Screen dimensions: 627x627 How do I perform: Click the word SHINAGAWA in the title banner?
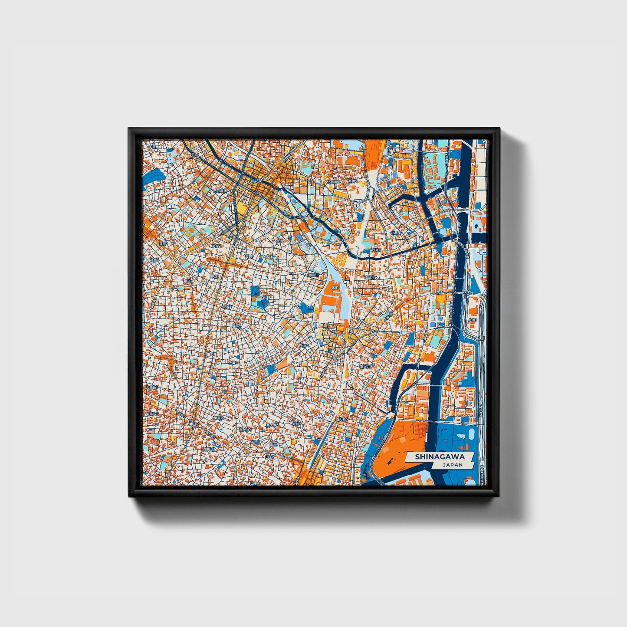pos(439,456)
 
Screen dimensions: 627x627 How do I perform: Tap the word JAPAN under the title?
pos(453,465)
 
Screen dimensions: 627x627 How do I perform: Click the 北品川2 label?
pos(397,233)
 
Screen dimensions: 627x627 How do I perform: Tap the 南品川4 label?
pos(370,276)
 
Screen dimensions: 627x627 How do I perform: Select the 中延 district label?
pos(214,276)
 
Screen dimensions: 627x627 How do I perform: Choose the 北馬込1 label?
pos(152,387)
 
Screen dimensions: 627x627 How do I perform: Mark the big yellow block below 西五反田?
pos(241,211)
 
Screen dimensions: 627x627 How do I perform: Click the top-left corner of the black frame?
pos(129,128)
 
